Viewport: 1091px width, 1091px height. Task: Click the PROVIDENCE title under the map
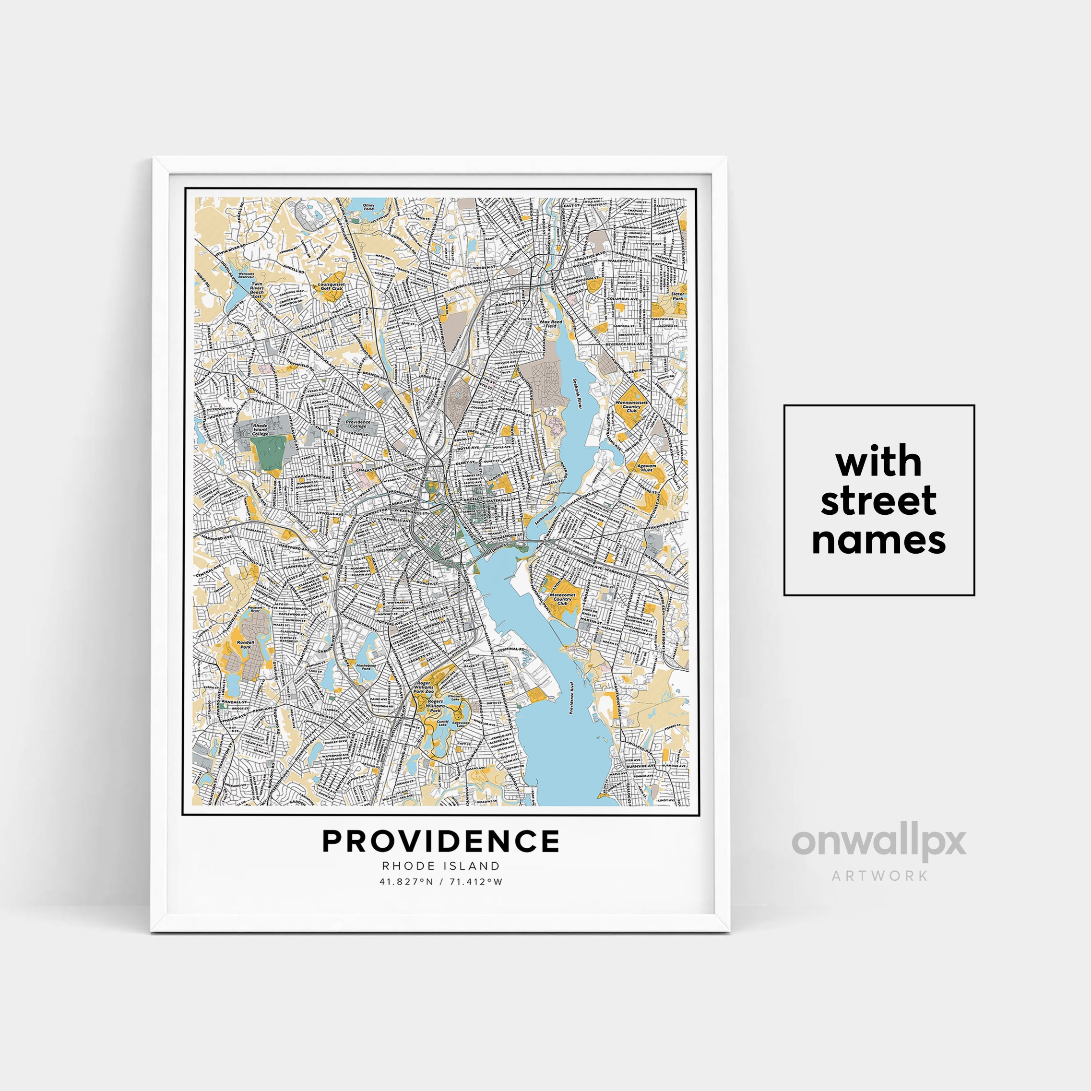[440, 842]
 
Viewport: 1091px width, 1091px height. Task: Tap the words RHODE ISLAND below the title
[440, 866]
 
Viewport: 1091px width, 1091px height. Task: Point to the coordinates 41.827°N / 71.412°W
[440, 881]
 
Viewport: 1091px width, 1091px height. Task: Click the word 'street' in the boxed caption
[878, 500]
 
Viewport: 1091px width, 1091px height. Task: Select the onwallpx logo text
[878, 842]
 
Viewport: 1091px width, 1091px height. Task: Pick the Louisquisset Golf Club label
[332, 286]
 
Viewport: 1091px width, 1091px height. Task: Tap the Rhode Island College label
[261, 430]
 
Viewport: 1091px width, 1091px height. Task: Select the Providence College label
[357, 424]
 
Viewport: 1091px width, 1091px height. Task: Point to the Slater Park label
[677, 296]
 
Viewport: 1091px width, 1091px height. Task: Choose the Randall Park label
[246, 644]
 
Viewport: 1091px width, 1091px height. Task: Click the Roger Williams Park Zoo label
[423, 687]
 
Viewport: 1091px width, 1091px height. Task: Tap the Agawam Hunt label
[647, 468]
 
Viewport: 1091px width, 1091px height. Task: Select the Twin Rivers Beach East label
[257, 290]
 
